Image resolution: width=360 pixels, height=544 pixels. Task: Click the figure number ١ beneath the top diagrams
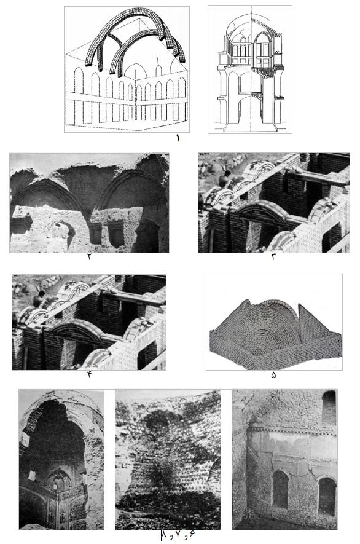click(x=179, y=138)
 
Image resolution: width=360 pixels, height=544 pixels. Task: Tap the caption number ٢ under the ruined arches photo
click(x=90, y=257)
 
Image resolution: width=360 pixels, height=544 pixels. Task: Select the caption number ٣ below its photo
click(x=273, y=257)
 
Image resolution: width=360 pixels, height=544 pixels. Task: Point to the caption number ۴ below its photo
click(x=89, y=374)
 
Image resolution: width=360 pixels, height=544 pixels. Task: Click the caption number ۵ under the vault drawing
click(x=273, y=375)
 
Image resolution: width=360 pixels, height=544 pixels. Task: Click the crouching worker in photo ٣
click(x=225, y=179)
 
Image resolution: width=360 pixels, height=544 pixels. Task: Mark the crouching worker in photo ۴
click(x=39, y=299)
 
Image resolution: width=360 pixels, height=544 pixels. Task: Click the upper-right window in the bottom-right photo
click(x=329, y=408)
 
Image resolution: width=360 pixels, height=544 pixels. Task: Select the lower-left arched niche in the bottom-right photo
click(x=280, y=489)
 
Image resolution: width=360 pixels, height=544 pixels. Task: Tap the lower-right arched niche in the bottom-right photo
click(x=327, y=496)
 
